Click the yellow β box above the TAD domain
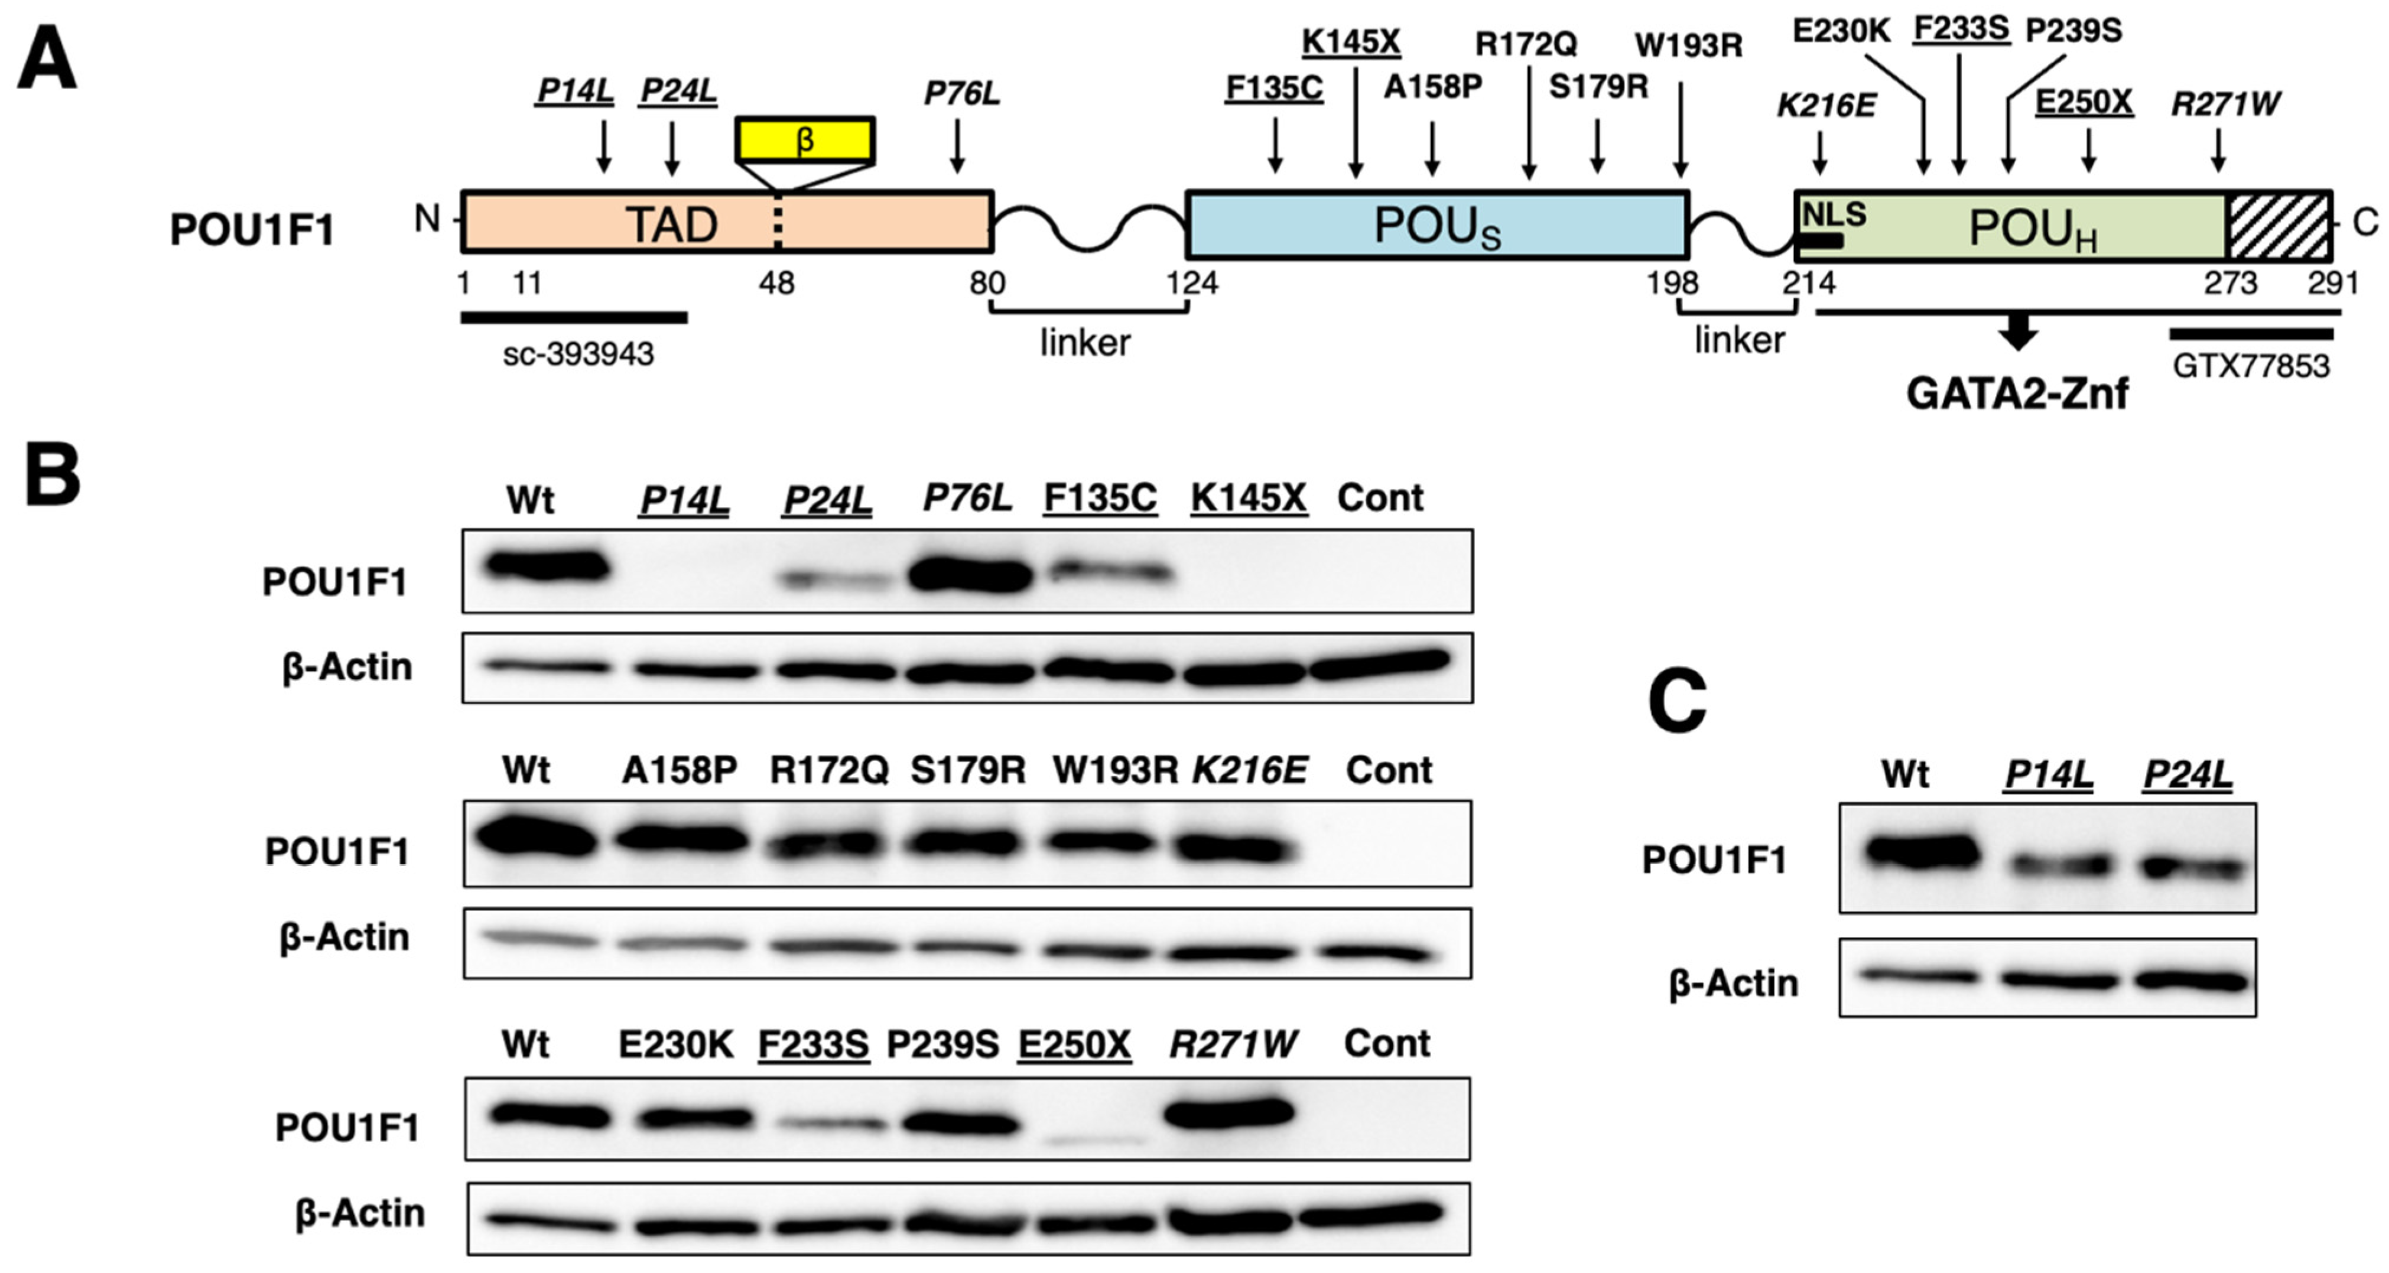(x=804, y=140)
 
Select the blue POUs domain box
(x=1436, y=224)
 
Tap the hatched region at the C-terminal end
(x=2279, y=225)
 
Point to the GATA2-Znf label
(x=2017, y=393)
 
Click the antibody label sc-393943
(x=578, y=354)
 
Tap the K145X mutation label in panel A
(x=1351, y=42)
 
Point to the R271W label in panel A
(x=2225, y=104)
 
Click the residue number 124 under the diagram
(x=1191, y=282)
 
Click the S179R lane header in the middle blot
(x=967, y=770)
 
